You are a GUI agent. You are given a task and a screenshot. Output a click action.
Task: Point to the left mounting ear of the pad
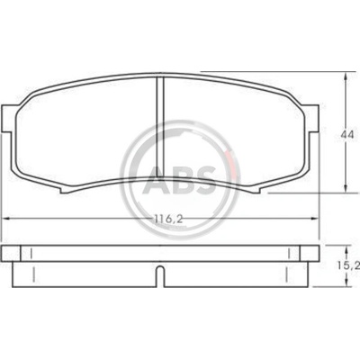click(7, 118)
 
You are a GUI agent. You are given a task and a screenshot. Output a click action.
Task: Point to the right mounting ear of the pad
click(312, 118)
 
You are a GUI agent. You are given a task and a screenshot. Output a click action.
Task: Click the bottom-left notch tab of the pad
click(65, 190)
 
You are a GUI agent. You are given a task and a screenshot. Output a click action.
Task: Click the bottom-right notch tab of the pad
click(256, 190)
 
